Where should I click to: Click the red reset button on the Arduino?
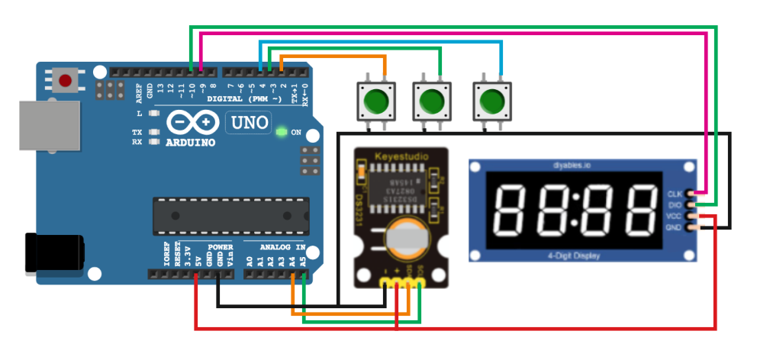[x=66, y=80]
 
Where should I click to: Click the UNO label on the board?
[x=248, y=122]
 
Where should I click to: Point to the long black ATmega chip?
[x=230, y=215]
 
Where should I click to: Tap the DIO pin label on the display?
[x=675, y=204]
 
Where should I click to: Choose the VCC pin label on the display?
[x=675, y=216]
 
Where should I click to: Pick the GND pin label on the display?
[x=675, y=227]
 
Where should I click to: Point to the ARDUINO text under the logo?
[x=190, y=143]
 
